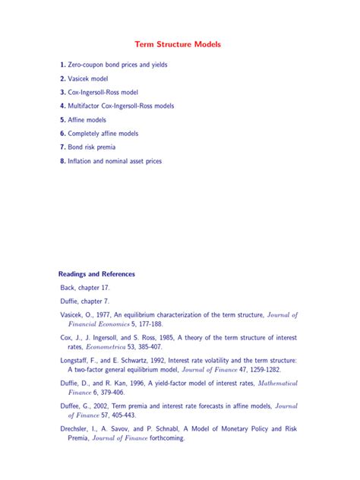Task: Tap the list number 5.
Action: (62, 120)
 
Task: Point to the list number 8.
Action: (62, 161)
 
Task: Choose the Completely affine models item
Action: (103, 134)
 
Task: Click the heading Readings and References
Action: (96, 273)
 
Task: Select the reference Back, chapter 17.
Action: (85, 289)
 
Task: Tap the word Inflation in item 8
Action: (81, 161)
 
